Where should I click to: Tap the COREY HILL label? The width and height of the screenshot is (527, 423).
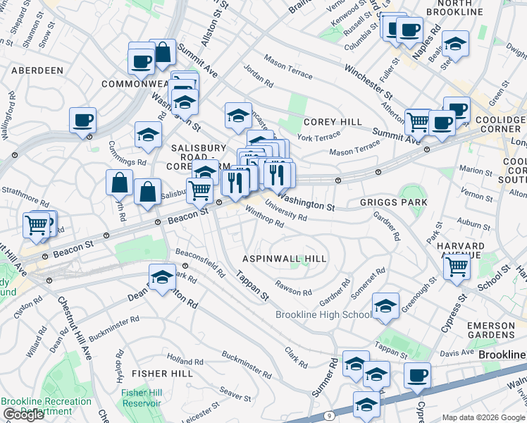coord(333,122)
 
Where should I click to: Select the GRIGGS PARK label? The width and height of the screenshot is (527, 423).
coord(393,202)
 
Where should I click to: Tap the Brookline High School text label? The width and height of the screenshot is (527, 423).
coord(323,314)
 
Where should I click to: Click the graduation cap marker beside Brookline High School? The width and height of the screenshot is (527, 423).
coord(385,305)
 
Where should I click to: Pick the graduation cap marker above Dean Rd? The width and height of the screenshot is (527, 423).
coord(162,276)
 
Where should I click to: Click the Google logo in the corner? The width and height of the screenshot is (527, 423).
coord(23,415)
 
